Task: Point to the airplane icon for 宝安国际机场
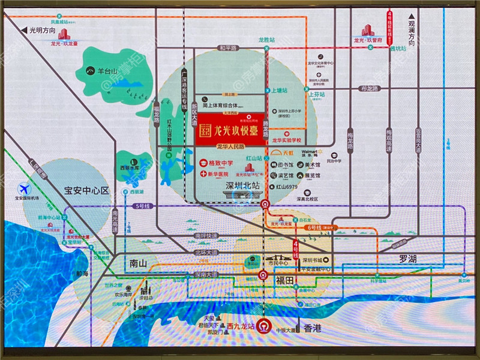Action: pyautogui.click(x=23, y=187)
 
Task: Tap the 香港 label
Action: pyautogui.click(x=313, y=328)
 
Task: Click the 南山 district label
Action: pyautogui.click(x=137, y=263)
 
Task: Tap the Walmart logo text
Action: pyautogui.click(x=311, y=152)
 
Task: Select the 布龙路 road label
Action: pyautogui.click(x=370, y=88)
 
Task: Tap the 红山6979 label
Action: pyautogui.click(x=287, y=187)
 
